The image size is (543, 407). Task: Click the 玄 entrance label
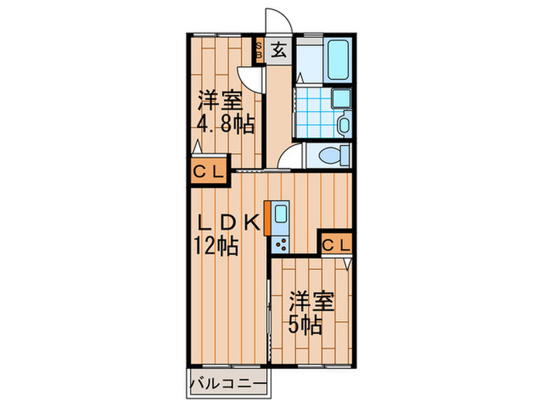coord(278,52)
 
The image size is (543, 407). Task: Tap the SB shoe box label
coord(260,52)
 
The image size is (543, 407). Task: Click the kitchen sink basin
coord(279,216)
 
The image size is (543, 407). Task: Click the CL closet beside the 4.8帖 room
coord(208,172)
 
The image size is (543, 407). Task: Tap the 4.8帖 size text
coord(225,124)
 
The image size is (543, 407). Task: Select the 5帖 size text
coord(307,325)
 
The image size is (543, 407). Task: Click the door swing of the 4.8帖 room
coord(251,78)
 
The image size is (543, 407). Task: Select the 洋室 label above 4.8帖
coord(219,101)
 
